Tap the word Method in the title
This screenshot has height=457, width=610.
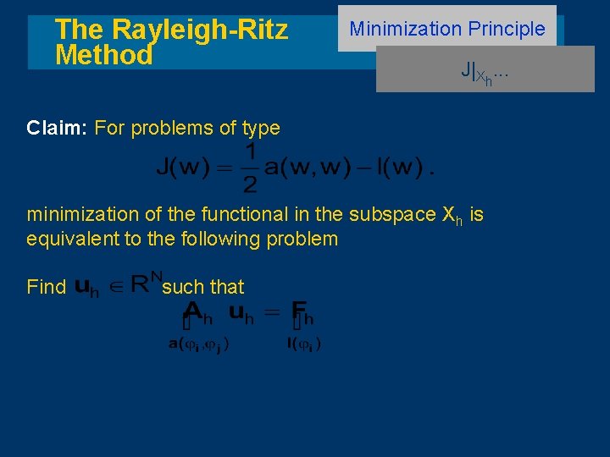pyautogui.click(x=103, y=56)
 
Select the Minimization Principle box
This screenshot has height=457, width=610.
pyautogui.click(x=447, y=29)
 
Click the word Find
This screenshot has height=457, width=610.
pyautogui.click(x=46, y=287)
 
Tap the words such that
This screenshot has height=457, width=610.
pyautogui.click(x=203, y=287)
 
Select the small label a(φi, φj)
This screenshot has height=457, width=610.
pyautogui.click(x=197, y=344)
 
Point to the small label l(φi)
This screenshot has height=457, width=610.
pyautogui.click(x=303, y=344)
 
